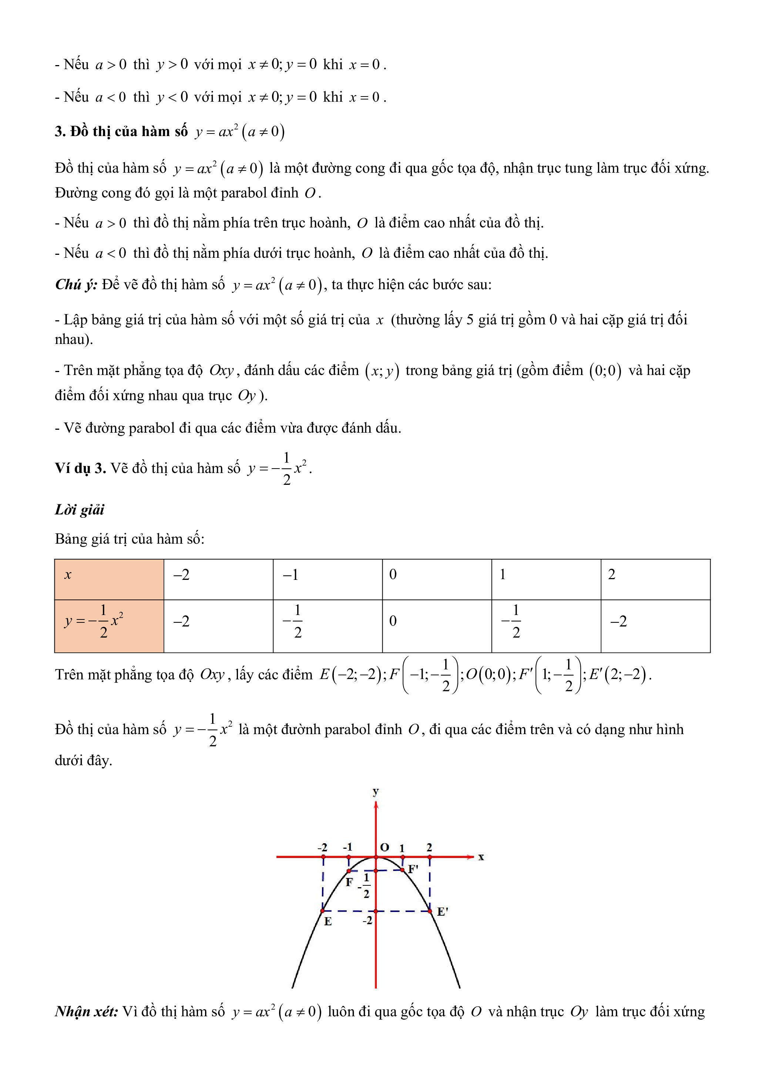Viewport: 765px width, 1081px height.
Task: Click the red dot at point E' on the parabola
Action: point(430,911)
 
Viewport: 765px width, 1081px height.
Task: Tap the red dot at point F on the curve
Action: point(349,871)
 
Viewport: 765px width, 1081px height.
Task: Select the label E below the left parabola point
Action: point(328,921)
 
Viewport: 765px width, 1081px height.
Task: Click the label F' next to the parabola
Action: point(413,869)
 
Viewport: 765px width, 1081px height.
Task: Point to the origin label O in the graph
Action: point(385,847)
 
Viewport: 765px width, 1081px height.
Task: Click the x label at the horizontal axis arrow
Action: point(481,857)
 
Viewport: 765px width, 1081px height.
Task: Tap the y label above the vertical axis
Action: point(375,791)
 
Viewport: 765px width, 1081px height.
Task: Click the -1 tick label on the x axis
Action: point(348,847)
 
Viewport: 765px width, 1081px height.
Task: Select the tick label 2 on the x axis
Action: point(429,847)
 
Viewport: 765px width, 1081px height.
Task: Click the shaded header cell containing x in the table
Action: point(109,579)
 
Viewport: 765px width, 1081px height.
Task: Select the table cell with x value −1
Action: point(328,579)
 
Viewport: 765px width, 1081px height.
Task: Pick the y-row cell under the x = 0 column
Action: point(437,626)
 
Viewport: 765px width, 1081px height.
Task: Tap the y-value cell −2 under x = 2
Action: point(655,626)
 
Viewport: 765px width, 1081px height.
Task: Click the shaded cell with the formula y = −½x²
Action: point(109,626)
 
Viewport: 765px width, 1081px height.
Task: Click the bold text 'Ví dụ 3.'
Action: point(80,468)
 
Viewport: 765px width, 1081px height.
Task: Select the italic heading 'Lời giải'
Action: point(80,509)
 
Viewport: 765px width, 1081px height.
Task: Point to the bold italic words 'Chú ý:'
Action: point(76,284)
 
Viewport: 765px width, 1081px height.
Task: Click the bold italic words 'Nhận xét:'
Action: point(86,1011)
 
